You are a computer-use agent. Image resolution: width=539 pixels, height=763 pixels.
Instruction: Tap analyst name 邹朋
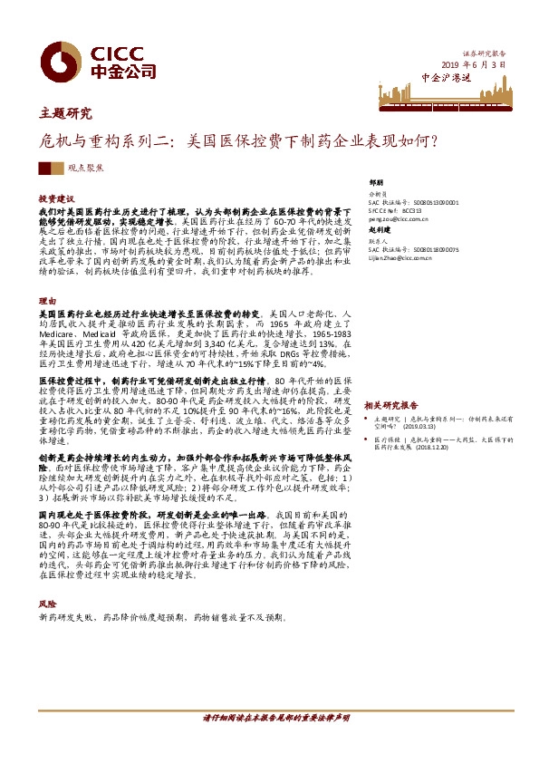click(x=379, y=181)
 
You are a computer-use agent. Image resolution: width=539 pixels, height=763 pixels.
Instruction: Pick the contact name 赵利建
click(x=382, y=233)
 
